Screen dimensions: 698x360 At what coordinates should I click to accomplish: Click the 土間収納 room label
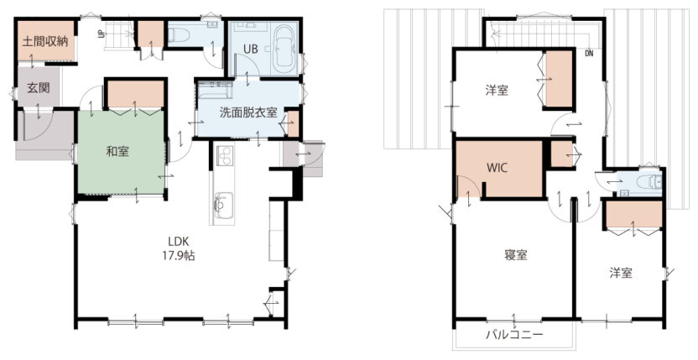45,42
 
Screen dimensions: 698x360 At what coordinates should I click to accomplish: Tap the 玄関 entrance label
39,88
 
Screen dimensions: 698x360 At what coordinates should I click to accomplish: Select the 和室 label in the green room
117,151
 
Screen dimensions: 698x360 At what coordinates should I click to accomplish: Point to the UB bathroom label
251,49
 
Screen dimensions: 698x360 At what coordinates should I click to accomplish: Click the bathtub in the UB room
284,50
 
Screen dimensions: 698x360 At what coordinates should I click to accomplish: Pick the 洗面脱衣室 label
248,112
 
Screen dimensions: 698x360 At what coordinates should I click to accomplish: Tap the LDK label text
179,242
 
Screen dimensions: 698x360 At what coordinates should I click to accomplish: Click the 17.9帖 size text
180,256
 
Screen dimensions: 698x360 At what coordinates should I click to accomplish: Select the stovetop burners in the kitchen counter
224,155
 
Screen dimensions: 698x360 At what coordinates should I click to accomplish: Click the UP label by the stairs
102,34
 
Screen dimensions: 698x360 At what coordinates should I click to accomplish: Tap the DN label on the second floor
589,54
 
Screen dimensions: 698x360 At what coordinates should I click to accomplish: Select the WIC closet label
497,168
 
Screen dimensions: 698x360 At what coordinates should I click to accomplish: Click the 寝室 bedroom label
516,255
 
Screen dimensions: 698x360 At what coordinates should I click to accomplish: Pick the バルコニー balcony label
514,334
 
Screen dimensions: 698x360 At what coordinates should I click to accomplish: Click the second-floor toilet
650,182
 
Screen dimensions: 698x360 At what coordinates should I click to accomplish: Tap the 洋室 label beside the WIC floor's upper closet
497,91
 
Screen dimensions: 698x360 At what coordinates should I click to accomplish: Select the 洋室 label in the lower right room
621,273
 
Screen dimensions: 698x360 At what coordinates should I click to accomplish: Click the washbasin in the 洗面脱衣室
215,89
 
